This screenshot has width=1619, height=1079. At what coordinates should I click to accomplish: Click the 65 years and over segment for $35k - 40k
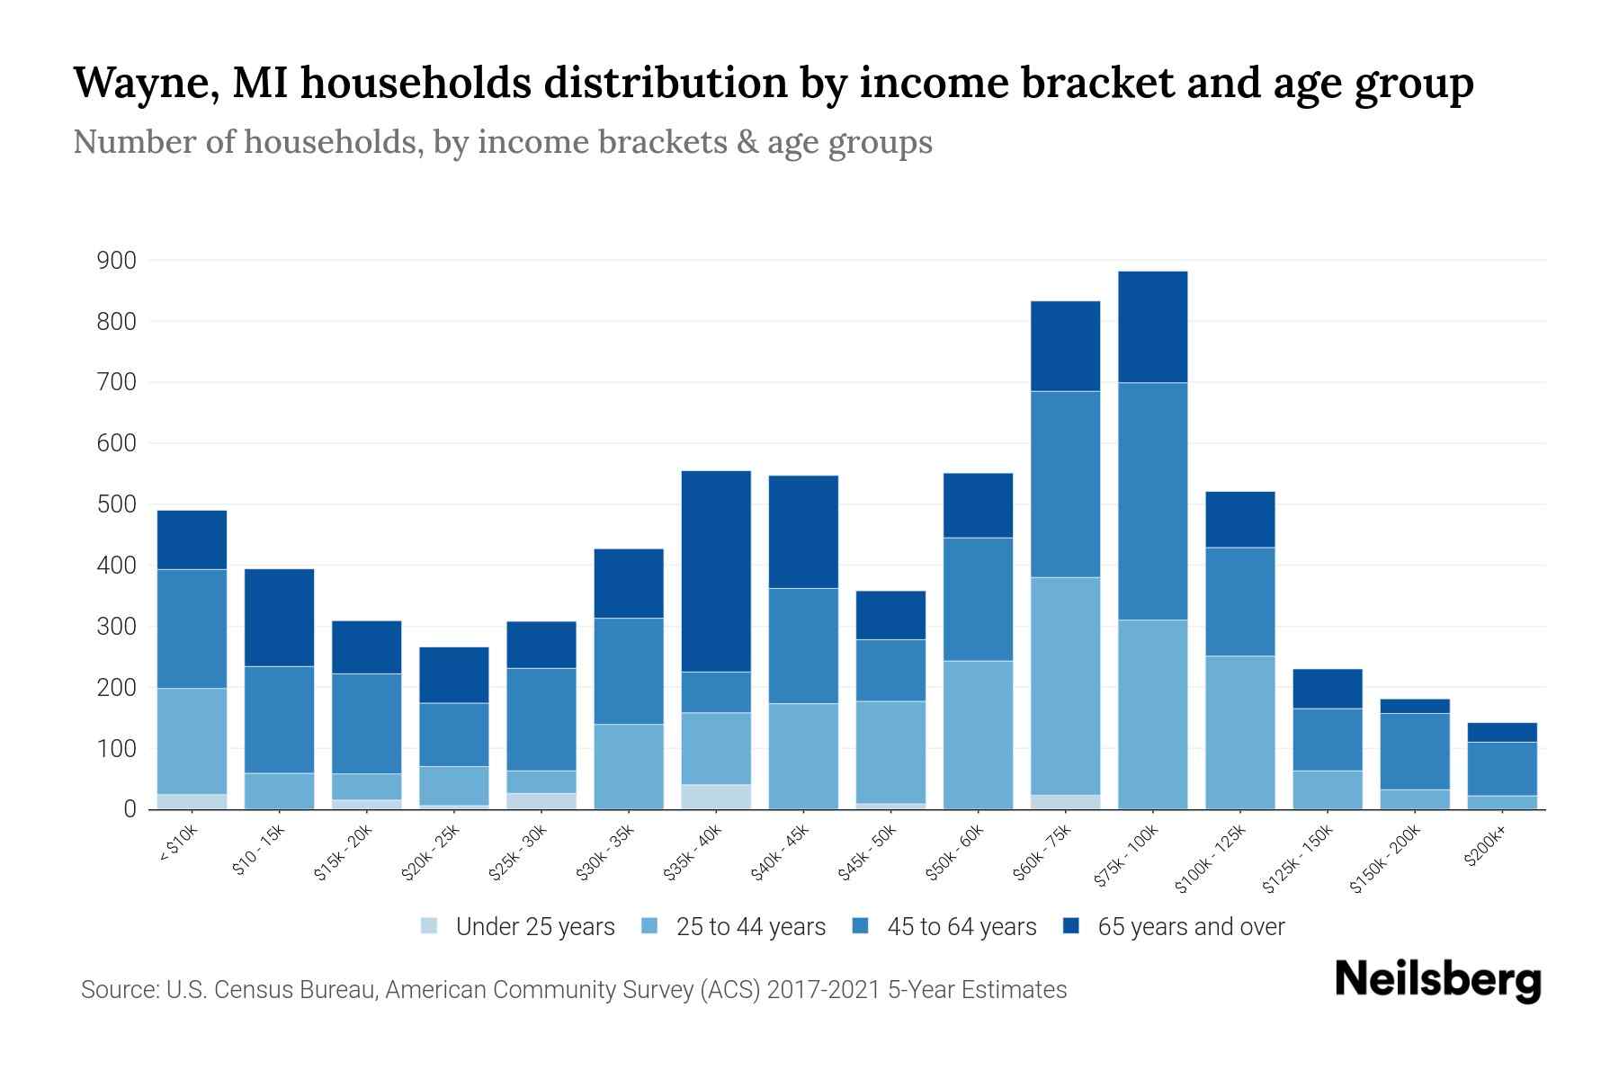coord(716,571)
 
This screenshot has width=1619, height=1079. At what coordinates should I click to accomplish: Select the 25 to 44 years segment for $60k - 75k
coord(1065,685)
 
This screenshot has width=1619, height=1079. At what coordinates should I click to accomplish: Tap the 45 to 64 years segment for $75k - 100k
coord(1152,501)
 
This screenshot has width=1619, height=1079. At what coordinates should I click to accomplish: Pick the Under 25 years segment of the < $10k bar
coord(192,801)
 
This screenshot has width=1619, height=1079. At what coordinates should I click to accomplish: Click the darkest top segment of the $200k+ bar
coord(1502,732)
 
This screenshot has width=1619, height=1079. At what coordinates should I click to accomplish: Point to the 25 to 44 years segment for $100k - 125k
coord(1239,732)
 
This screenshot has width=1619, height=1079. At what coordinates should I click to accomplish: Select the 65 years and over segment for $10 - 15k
coord(279,617)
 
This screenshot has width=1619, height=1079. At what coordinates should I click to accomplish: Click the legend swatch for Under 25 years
coord(429,925)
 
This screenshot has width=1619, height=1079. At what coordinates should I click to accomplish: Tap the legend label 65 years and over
coord(1191,927)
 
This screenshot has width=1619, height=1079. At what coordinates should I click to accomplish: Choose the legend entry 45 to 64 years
coord(962,927)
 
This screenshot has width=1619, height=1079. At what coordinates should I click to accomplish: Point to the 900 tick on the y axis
coord(116,261)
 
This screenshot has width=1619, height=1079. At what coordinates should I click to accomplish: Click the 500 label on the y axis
coord(116,504)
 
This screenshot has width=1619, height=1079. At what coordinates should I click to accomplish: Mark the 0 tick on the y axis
coord(130,809)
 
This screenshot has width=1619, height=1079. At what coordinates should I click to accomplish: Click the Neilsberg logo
coord(1437,979)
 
